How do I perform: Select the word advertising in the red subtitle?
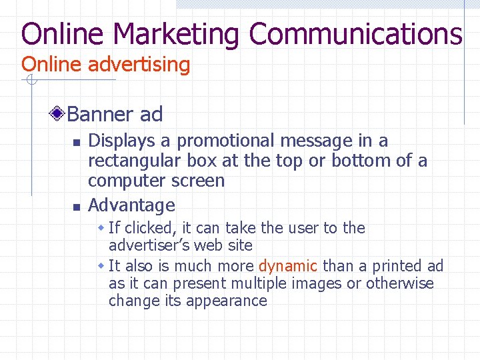139,65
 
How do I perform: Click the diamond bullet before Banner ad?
59,114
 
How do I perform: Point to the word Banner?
101,114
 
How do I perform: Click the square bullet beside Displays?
76,142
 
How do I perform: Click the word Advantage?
131,205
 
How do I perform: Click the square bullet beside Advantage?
76,206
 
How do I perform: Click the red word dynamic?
287,266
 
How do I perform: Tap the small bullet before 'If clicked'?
101,228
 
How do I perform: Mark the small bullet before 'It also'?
101,266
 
